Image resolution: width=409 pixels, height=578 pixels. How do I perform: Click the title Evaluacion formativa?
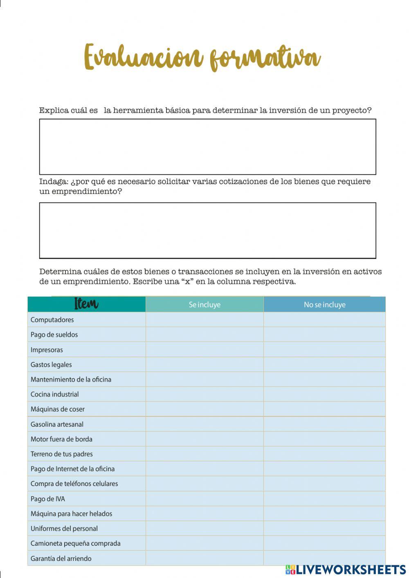202,57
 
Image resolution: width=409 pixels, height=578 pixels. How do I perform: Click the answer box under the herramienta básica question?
207,147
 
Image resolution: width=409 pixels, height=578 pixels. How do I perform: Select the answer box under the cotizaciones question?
207,230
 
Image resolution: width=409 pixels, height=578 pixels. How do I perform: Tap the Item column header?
86,304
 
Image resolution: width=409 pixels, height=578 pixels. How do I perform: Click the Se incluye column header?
204,304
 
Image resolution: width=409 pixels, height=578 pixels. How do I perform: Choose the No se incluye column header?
324,304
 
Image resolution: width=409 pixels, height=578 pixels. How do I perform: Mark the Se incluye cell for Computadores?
204,319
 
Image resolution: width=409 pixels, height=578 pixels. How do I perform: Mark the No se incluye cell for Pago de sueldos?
324,334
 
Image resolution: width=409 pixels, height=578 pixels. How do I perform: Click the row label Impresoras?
47,350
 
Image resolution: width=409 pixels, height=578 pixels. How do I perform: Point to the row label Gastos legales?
51,364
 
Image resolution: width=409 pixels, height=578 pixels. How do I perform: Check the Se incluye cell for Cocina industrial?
204,394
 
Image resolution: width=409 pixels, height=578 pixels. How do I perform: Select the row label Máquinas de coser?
58,409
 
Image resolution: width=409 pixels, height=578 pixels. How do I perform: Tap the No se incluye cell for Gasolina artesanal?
324,424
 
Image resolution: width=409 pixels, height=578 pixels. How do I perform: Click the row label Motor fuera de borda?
61,439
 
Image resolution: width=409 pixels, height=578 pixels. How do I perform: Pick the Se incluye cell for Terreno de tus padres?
204,454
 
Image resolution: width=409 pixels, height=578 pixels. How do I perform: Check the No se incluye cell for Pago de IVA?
324,499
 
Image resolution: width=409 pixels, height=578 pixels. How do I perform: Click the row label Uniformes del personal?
64,529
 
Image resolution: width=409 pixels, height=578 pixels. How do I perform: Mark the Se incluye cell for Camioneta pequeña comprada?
204,543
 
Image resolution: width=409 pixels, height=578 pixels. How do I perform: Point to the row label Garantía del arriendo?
61,558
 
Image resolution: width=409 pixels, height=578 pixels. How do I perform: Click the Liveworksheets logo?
346,569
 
